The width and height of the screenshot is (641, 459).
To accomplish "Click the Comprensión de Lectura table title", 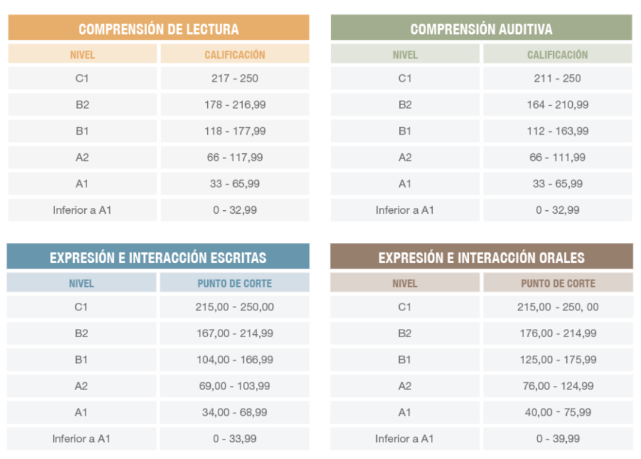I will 158,29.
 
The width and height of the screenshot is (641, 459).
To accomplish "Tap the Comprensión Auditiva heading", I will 481,29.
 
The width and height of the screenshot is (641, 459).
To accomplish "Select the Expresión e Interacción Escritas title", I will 158,258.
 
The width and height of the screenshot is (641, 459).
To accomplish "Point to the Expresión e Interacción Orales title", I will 481,258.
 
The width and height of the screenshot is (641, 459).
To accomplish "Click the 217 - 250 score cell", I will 234,78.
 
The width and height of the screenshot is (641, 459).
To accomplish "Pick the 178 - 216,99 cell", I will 234,105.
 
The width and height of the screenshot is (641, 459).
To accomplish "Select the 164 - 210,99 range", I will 557,105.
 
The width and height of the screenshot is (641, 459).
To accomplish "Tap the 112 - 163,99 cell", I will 557,131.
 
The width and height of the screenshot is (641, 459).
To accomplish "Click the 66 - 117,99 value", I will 234,157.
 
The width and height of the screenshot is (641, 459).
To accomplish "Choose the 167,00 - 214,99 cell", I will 234,334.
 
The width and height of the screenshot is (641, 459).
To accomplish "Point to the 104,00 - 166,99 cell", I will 234,360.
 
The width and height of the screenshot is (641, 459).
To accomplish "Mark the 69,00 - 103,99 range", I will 234,386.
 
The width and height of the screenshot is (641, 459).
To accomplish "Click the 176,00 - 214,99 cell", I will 558,334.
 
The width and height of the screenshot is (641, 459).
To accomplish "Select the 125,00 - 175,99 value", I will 558,360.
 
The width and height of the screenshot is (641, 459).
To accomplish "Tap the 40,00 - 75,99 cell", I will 558,412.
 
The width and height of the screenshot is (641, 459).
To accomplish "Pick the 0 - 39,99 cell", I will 558,439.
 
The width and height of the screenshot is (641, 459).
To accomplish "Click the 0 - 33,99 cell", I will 234,439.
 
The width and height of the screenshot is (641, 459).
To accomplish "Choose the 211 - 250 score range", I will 557,78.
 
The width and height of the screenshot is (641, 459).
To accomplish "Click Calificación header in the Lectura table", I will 234,55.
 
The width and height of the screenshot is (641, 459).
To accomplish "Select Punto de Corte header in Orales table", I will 558,283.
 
